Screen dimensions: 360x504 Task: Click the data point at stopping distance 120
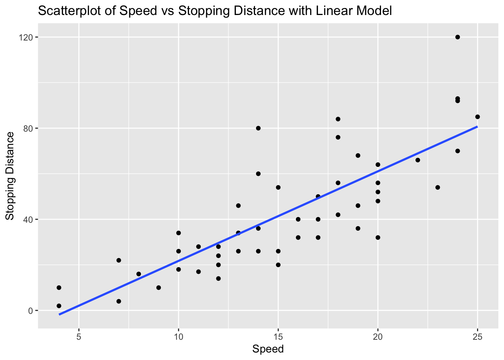[457, 37]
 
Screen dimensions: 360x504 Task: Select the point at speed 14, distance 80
[258, 128]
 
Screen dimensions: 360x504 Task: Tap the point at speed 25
[477, 117]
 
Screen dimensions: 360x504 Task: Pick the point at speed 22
[418, 160]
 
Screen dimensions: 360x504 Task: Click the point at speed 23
[438, 187]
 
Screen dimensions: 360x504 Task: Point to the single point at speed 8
[139, 274]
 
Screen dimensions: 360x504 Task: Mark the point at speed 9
[159, 288]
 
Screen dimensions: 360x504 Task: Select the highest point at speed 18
[338, 119]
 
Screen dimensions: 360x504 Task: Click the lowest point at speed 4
[59, 306]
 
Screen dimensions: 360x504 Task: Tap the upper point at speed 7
[119, 260]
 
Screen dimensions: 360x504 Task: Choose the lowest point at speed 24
[457, 151]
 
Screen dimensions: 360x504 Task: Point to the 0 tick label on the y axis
[31, 310]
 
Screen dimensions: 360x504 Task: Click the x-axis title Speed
[268, 349]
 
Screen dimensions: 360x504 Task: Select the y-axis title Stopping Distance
[10, 176]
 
